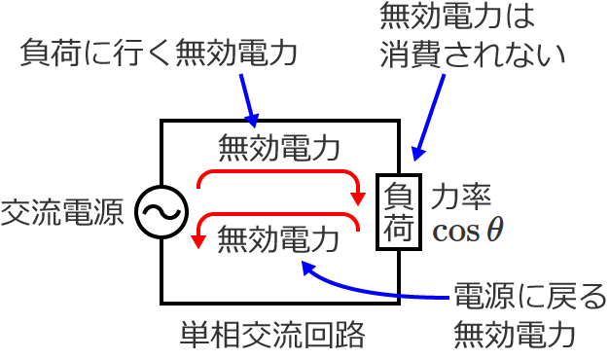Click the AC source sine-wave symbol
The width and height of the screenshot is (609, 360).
tap(157, 211)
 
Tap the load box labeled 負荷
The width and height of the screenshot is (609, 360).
tap(399, 212)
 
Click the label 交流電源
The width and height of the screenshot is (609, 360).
tap(63, 212)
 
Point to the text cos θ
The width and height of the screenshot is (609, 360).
tap(468, 230)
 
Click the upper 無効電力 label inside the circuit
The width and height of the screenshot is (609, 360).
tap(278, 148)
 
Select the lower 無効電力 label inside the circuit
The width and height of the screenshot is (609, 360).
tap(278, 235)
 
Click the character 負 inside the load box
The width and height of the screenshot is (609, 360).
tap(399, 195)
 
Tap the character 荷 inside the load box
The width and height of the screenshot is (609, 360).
tap(399, 230)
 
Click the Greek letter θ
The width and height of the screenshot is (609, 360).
tap(495, 230)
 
